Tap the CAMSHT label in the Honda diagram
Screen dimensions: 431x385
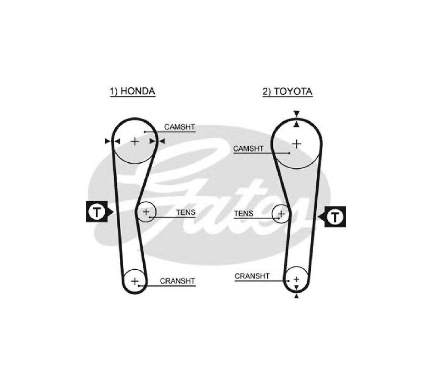[179, 127]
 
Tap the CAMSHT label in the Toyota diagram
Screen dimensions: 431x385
[248, 148]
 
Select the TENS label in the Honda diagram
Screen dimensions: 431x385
[186, 212]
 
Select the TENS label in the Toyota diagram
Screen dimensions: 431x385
[244, 213]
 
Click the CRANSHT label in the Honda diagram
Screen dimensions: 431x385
[177, 281]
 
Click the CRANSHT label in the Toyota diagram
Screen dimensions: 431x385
[252, 276]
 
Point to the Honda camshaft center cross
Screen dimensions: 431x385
[134, 142]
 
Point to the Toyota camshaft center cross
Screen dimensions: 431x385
[297, 144]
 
